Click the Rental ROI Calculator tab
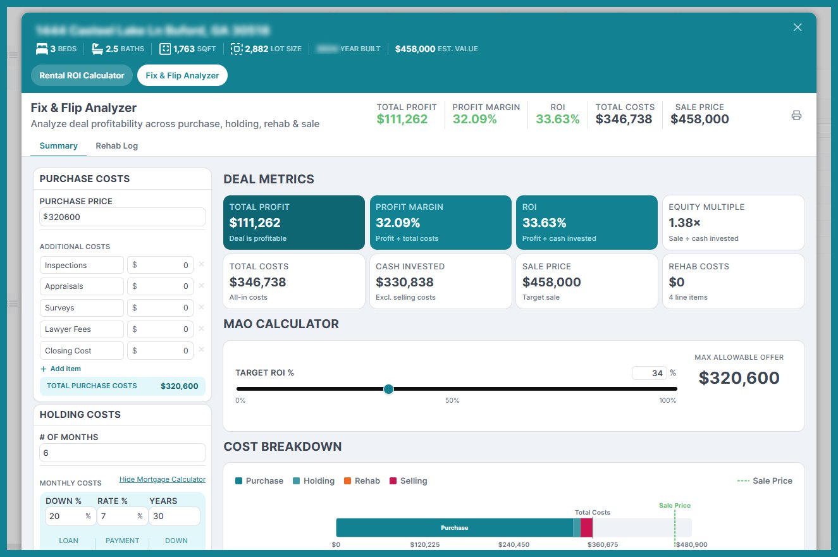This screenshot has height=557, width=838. pyautogui.click(x=82, y=75)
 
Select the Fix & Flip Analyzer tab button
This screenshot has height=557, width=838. pyautogui.click(x=182, y=75)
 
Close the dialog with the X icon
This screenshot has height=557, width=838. pyautogui.click(x=798, y=27)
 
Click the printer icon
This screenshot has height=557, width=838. pyautogui.click(x=796, y=115)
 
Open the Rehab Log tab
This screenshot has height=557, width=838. pyautogui.click(x=116, y=145)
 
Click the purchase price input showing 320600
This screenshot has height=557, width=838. pyautogui.click(x=123, y=217)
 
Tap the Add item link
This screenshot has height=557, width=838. pyautogui.click(x=61, y=369)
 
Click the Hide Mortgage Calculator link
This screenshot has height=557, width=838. pyautogui.click(x=162, y=479)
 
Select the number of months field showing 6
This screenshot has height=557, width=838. pyautogui.click(x=123, y=453)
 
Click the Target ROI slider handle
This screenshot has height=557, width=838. pyautogui.click(x=388, y=389)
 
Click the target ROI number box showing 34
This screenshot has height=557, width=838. pyautogui.click(x=649, y=373)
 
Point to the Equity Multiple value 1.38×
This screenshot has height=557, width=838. pyautogui.click(x=685, y=223)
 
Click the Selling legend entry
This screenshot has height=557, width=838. pyautogui.click(x=408, y=480)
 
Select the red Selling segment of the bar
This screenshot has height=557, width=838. pyautogui.click(x=586, y=527)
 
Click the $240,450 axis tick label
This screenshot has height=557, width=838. pyautogui.click(x=514, y=544)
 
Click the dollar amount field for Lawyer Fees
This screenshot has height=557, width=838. pyautogui.click(x=160, y=329)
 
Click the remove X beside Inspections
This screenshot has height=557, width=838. pyautogui.click(x=201, y=264)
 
